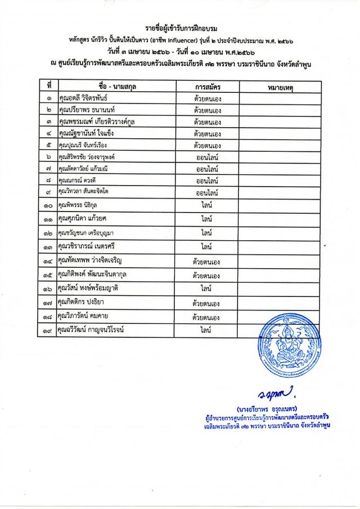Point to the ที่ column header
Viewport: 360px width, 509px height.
coord(49,87)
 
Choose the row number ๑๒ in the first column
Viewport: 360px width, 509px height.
coord(49,233)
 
